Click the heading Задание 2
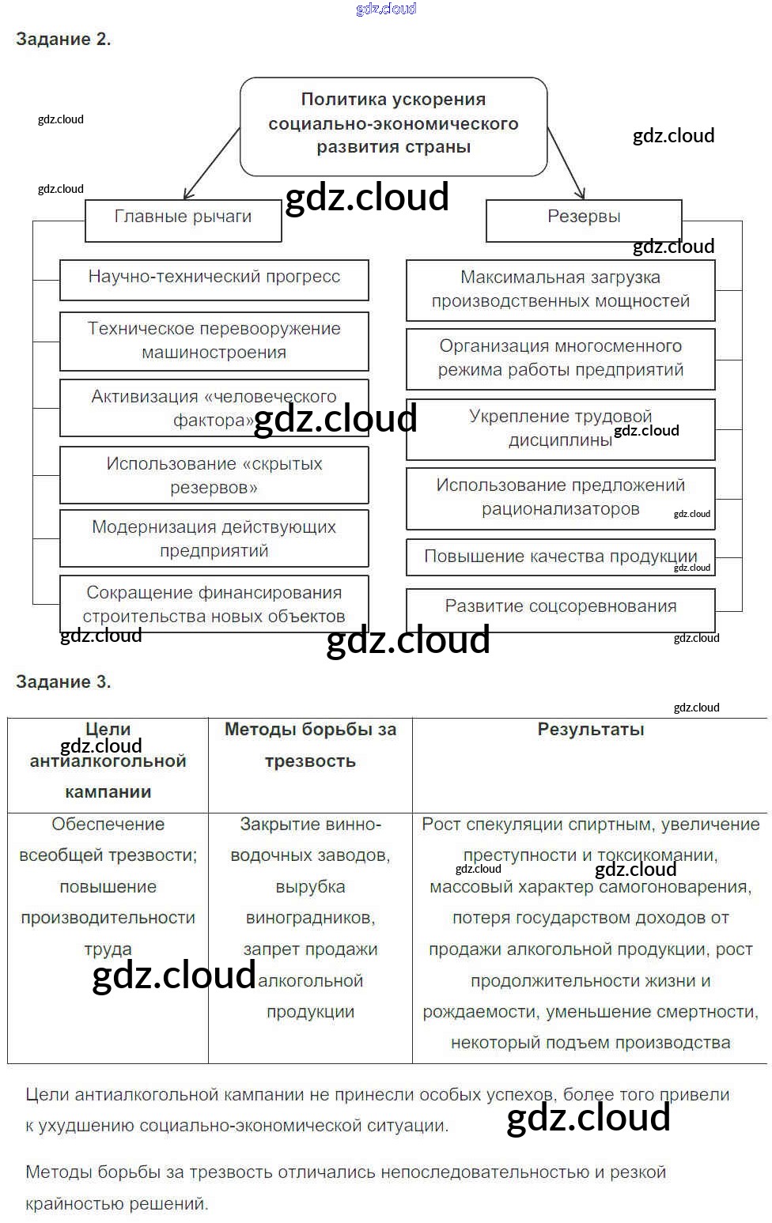coord(63,40)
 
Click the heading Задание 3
coord(63,682)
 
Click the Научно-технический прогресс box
coord(214,278)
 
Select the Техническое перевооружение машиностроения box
coord(214,341)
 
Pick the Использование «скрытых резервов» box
coord(214,475)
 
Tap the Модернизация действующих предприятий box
coord(214,538)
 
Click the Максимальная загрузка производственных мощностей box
coord(560,289)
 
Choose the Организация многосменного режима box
coord(560,358)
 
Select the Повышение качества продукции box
coord(560,557)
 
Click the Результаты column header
coord(590,730)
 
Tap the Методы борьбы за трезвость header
coord(310,745)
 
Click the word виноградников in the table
coord(310,918)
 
